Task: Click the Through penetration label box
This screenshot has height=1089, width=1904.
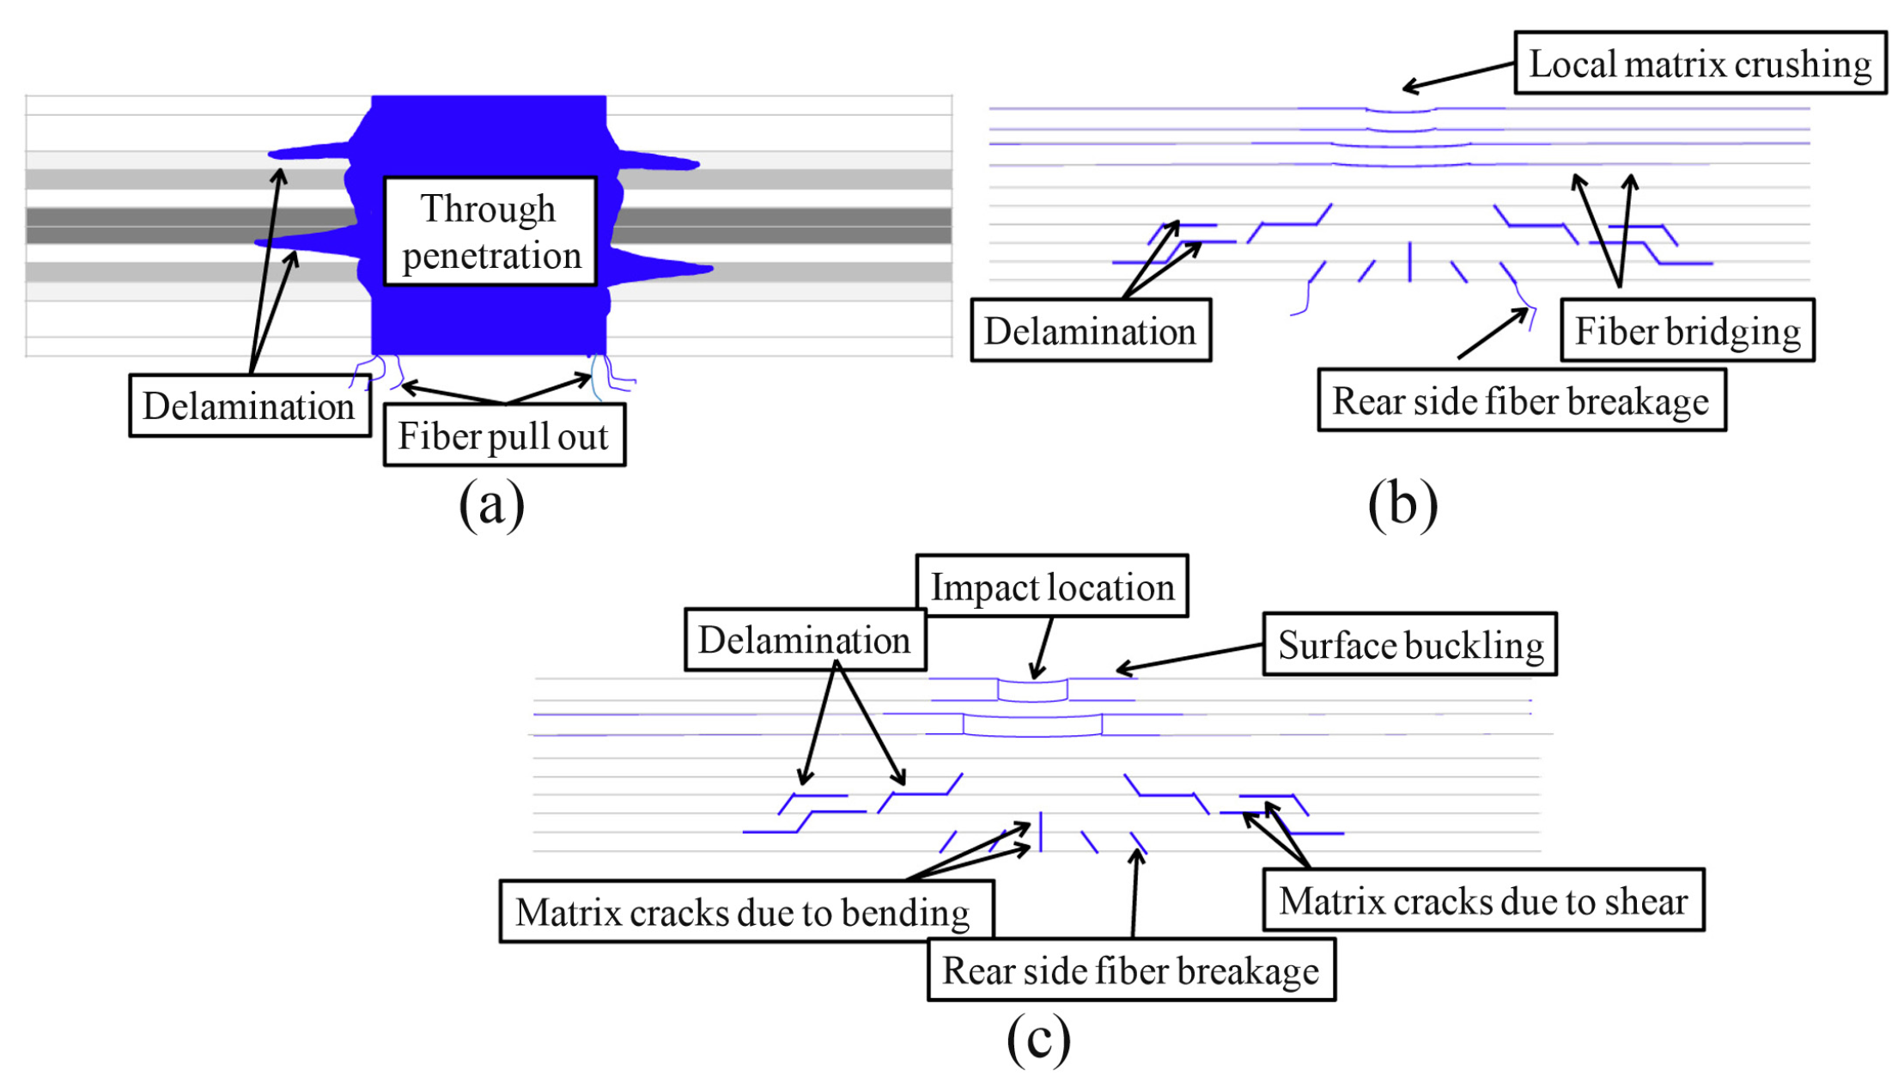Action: click(490, 231)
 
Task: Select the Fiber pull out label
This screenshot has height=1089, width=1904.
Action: click(504, 435)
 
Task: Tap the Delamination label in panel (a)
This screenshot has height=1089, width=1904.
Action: click(249, 405)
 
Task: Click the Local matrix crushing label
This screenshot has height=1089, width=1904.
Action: click(1700, 63)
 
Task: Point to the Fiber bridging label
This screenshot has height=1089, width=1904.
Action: click(1687, 331)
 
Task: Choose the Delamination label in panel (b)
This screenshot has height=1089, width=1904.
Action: click(1091, 331)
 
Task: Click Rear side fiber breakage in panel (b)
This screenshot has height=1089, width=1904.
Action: click(1521, 400)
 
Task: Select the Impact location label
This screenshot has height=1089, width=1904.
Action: click(1052, 587)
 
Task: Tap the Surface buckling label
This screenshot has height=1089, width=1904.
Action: click(1409, 644)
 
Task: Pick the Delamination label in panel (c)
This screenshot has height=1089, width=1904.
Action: click(805, 640)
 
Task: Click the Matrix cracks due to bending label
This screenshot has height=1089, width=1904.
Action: click(746, 911)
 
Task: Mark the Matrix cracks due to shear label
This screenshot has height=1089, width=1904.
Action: click(1483, 900)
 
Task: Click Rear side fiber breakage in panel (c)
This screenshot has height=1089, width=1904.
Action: click(1131, 970)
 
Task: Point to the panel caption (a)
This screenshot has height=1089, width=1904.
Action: click(491, 504)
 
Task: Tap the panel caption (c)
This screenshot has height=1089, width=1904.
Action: click(1038, 1038)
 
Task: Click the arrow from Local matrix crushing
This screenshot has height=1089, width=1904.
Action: click(1458, 76)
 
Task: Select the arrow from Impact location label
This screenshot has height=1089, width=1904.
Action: click(1042, 648)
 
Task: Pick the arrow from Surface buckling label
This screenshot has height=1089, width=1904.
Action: click(1189, 657)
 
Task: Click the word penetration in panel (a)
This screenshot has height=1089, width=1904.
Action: click(491, 256)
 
